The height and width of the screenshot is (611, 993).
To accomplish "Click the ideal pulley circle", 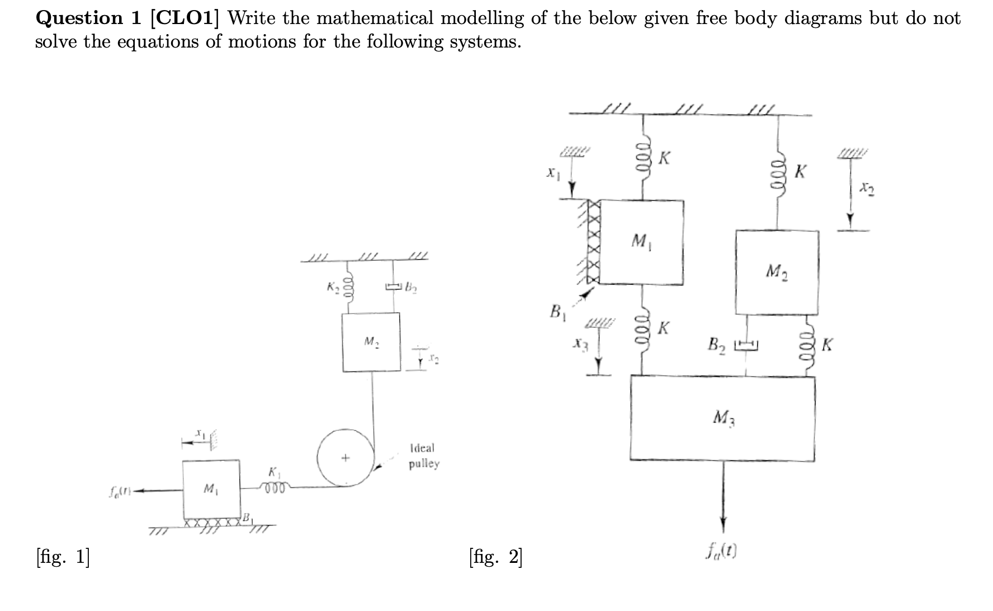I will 346,458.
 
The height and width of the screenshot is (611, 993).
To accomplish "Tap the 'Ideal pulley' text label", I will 424,456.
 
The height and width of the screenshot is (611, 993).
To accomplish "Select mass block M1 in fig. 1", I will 212,490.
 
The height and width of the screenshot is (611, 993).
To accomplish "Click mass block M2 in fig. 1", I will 371,342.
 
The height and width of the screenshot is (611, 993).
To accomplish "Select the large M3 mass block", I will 722,418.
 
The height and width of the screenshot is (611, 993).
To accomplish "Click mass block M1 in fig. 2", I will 641,242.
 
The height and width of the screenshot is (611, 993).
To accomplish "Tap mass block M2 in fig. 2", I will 777,272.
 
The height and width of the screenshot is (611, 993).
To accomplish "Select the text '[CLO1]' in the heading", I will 185,18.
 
